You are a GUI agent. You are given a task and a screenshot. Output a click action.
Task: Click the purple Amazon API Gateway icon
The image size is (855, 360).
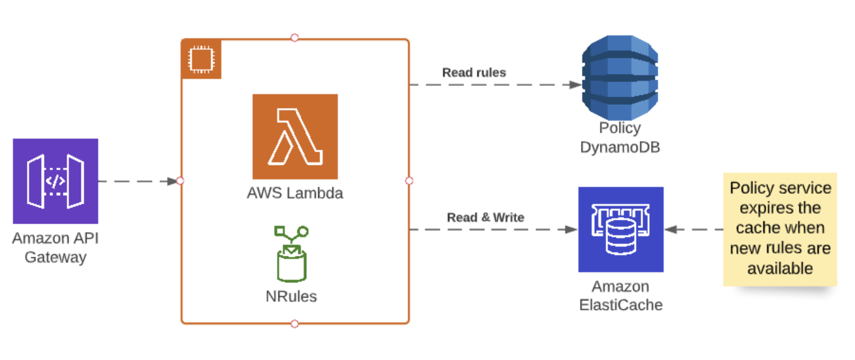pyautogui.click(x=56, y=181)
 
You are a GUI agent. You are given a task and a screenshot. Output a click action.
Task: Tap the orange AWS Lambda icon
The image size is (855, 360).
pyautogui.click(x=295, y=136)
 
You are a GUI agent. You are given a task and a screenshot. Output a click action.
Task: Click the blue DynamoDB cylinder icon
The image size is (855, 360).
pyautogui.click(x=620, y=78)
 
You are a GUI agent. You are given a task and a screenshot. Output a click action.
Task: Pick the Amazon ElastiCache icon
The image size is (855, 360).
pyautogui.click(x=621, y=229)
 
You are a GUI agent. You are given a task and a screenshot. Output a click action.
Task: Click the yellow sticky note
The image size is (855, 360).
pyautogui.click(x=780, y=229)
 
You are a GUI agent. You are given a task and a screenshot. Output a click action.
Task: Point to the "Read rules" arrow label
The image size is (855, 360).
pyautogui.click(x=474, y=73)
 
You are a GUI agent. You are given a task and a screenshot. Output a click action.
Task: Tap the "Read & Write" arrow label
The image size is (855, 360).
pyautogui.click(x=486, y=217)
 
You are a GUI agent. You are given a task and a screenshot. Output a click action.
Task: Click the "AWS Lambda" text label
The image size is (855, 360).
pyautogui.click(x=295, y=193)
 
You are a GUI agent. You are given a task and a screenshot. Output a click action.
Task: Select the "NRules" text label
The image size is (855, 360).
pyautogui.click(x=291, y=296)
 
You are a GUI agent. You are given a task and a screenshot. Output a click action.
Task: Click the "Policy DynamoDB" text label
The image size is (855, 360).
pyautogui.click(x=619, y=138)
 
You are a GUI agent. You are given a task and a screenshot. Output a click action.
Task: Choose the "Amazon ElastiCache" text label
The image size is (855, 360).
pyautogui.click(x=621, y=296)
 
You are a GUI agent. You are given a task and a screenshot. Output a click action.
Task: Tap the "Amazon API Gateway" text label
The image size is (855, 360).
pyautogui.click(x=56, y=248)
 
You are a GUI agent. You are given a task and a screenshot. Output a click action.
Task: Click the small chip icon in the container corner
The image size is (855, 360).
pyautogui.click(x=201, y=59)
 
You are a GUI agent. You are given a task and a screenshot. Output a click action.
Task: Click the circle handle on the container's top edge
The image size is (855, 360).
pyautogui.click(x=294, y=38)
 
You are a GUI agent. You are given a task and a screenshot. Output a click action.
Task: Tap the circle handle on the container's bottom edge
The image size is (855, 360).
pyautogui.click(x=294, y=324)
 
